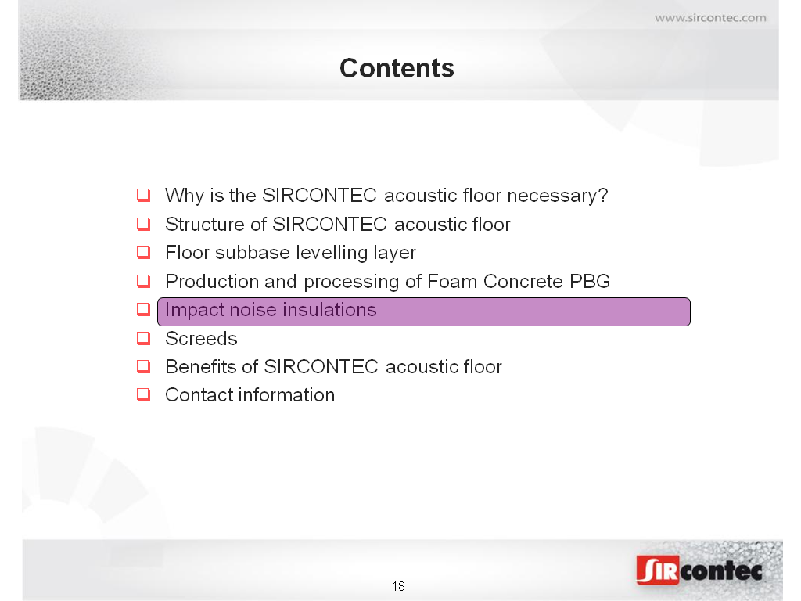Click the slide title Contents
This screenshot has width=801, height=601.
click(397, 68)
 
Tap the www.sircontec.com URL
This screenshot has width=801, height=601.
click(710, 18)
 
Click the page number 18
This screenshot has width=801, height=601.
click(398, 586)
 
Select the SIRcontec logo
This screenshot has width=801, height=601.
click(699, 570)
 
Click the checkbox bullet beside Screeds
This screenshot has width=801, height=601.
click(144, 338)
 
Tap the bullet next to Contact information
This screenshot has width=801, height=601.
click(144, 394)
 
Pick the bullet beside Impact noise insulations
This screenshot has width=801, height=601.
click(144, 309)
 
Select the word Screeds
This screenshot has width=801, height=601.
click(201, 338)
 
